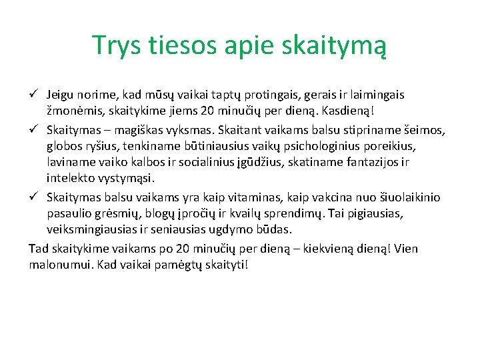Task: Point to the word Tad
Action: (38, 249)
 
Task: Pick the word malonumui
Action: (58, 265)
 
